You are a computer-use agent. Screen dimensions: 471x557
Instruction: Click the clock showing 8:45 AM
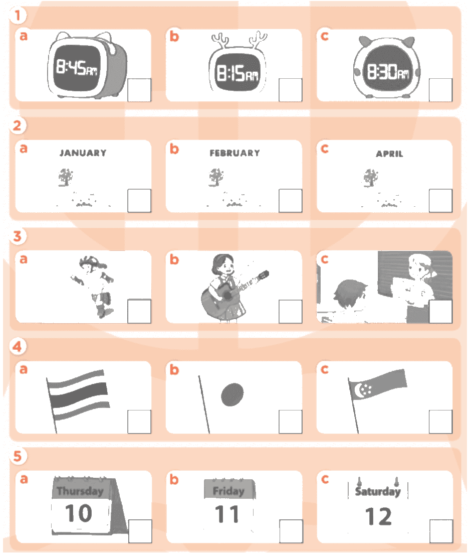(87, 66)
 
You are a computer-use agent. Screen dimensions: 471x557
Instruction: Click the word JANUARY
(83, 153)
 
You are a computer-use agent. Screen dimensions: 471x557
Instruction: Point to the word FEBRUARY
(235, 153)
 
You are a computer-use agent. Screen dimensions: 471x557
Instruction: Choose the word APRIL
(389, 154)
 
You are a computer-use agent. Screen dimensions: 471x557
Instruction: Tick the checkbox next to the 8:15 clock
(290, 90)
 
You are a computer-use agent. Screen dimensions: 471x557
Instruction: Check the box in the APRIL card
(440, 201)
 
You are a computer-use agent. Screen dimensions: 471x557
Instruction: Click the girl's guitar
(232, 291)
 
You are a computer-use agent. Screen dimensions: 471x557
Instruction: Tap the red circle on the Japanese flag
(232, 394)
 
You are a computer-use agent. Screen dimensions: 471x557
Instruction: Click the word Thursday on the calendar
(80, 491)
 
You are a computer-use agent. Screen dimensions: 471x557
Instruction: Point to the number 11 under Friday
(227, 514)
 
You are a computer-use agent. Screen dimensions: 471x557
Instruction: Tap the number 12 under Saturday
(378, 516)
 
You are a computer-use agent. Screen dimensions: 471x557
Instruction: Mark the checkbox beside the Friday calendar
(291, 531)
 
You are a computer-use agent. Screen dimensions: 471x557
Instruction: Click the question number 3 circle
(18, 236)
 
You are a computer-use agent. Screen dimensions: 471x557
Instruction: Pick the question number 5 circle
(18, 456)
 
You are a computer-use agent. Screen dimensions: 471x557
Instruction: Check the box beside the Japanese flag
(290, 422)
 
